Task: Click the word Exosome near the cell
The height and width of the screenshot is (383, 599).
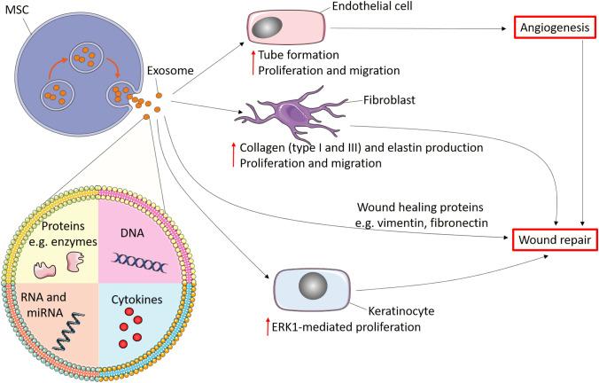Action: tap(168, 75)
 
